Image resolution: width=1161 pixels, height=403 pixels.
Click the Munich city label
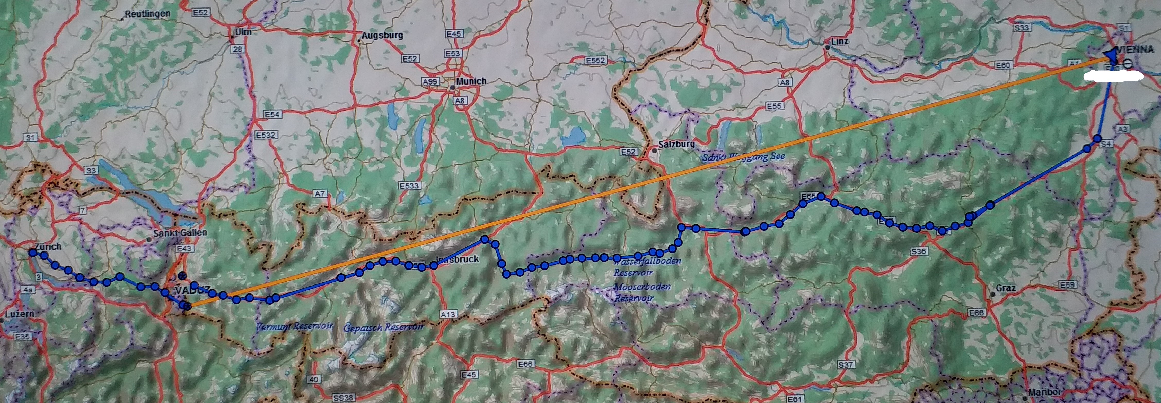(x=471, y=81)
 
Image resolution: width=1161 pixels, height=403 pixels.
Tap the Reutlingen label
(x=147, y=14)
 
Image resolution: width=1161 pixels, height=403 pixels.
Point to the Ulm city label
(x=243, y=32)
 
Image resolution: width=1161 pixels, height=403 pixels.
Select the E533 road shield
(x=409, y=186)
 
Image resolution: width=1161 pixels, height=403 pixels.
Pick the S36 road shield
(x=918, y=251)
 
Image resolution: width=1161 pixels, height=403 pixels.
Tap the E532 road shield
(x=266, y=135)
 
